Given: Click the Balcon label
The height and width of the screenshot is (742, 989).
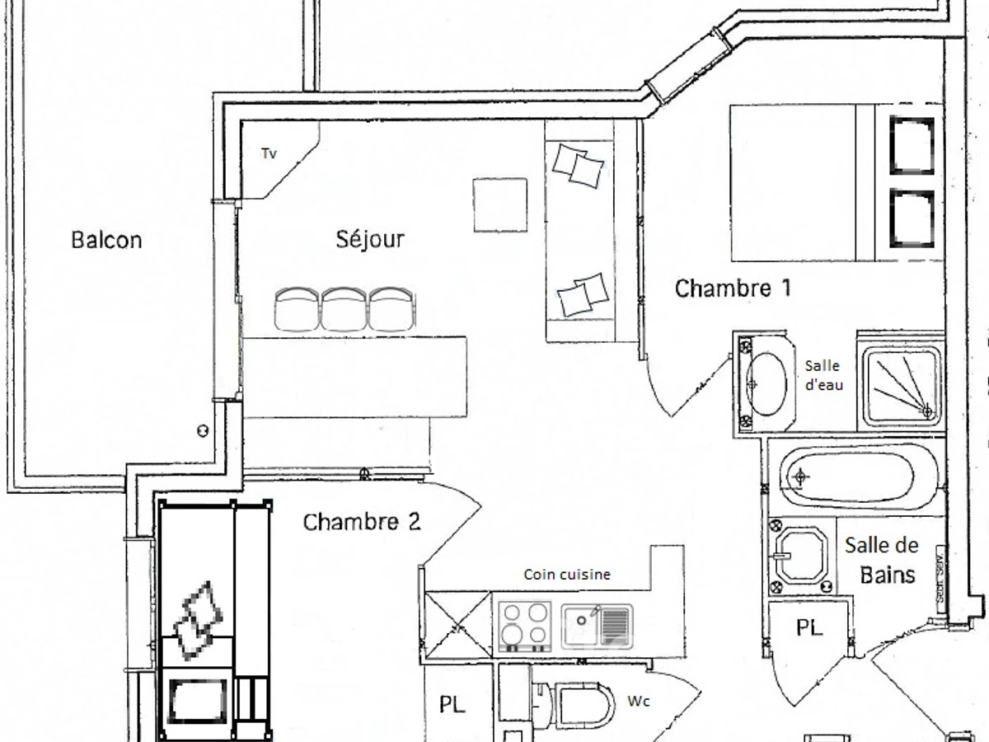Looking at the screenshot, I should (106, 240).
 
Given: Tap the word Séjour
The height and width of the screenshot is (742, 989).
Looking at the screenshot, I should (370, 239).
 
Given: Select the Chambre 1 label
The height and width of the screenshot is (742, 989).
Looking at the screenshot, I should (733, 289).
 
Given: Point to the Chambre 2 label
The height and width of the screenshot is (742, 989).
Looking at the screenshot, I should (362, 522).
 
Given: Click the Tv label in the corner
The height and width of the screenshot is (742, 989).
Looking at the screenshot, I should (269, 153).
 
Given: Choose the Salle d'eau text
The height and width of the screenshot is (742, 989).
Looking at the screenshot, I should (823, 375).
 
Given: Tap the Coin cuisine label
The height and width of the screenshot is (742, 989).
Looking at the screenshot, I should (567, 575).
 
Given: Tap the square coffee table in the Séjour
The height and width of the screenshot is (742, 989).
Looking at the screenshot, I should (499, 204).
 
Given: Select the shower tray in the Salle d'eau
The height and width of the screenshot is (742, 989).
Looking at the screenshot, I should (901, 384).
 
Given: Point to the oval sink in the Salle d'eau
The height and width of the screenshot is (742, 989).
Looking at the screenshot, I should (765, 383).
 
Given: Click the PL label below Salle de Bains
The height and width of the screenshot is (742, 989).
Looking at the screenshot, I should (809, 628).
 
